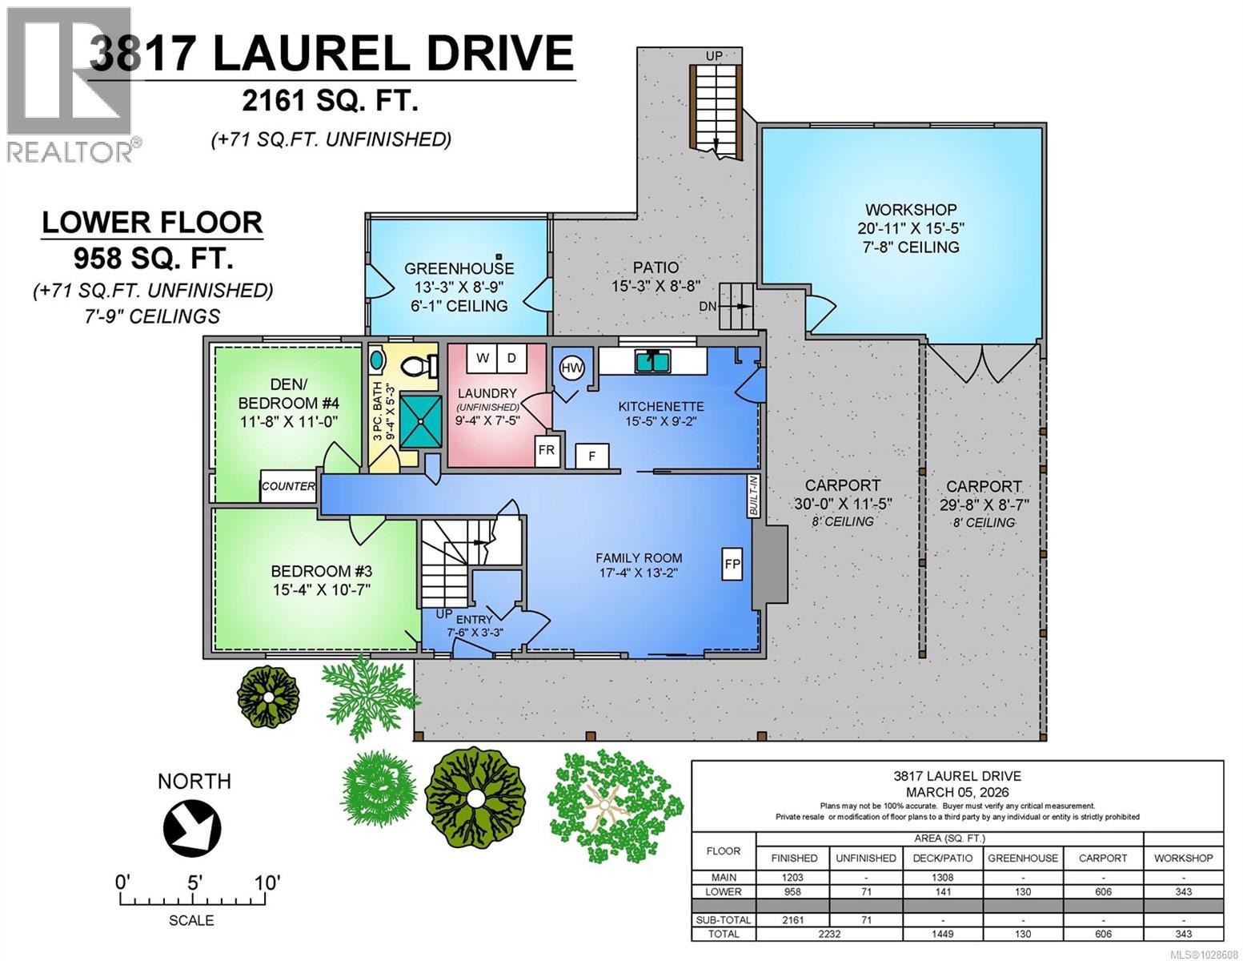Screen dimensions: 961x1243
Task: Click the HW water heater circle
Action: click(x=571, y=368)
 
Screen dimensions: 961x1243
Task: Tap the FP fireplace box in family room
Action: click(x=732, y=563)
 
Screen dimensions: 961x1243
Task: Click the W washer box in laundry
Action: click(x=483, y=358)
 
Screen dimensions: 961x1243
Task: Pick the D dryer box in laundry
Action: click(x=511, y=358)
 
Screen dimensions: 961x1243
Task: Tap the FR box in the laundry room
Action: click(x=546, y=450)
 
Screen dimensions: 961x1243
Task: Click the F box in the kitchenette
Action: click(x=592, y=456)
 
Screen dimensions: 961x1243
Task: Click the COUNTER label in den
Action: click(x=288, y=486)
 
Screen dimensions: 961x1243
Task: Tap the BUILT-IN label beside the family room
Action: click(x=753, y=497)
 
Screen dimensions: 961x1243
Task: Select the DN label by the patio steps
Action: click(x=708, y=306)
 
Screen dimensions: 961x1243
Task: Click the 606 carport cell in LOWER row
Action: click(x=1103, y=891)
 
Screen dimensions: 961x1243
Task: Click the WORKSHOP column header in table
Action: click(x=1183, y=858)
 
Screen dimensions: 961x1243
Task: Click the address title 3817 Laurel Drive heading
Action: click(x=332, y=54)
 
